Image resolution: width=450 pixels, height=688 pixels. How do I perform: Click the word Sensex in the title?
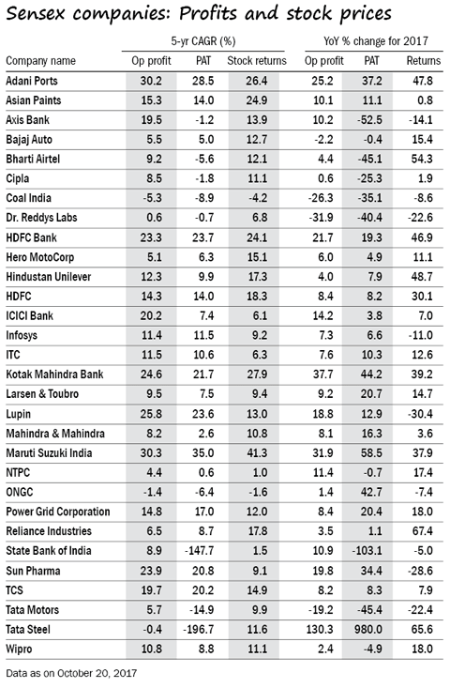35,13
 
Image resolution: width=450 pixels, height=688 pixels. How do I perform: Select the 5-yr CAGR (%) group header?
203,41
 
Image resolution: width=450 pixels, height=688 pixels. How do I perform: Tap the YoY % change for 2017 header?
376,41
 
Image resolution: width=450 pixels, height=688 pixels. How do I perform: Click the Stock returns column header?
257,61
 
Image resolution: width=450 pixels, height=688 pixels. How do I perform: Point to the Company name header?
40,61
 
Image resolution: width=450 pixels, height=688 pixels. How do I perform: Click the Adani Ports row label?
32,81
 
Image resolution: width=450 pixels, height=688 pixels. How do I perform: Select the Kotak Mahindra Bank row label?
54,375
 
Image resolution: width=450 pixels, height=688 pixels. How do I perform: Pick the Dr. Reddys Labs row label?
41,218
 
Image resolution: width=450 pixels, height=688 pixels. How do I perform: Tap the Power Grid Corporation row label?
58,512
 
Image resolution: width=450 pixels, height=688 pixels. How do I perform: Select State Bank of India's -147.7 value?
200,551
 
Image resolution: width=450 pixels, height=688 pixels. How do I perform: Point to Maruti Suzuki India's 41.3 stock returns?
257,452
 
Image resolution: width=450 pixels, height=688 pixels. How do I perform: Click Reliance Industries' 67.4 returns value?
423,531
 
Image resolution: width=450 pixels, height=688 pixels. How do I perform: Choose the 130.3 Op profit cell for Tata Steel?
320,629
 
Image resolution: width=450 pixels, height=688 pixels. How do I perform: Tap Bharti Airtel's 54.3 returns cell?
423,159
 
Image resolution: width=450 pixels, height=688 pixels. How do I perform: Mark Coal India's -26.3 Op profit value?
321,198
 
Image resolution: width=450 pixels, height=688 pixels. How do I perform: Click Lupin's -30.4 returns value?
421,414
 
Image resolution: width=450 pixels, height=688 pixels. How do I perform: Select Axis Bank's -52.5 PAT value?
369,120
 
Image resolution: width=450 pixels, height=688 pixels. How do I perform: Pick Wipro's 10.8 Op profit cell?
151,649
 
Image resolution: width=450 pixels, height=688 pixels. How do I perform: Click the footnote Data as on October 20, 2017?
71,673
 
